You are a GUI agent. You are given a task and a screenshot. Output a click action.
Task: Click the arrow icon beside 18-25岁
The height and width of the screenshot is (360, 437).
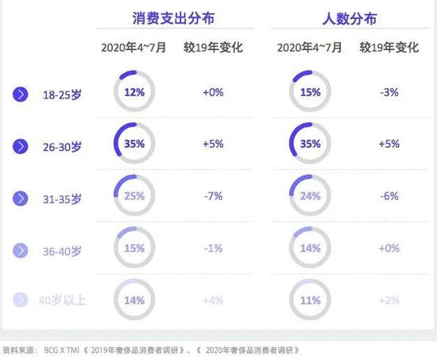21,94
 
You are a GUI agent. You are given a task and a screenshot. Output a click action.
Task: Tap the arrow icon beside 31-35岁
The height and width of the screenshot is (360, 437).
21,197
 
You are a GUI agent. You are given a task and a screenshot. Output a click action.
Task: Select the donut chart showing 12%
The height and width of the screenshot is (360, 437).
134,92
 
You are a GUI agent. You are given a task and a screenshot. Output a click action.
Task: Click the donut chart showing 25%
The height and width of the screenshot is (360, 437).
134,195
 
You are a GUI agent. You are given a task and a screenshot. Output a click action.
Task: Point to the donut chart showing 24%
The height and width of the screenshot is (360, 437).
311,195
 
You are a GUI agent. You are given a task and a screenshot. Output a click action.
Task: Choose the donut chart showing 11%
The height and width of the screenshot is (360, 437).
311,300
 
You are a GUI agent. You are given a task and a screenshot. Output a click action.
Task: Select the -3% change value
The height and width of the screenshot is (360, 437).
389,92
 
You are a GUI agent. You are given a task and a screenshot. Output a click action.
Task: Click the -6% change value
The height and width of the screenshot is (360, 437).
389,195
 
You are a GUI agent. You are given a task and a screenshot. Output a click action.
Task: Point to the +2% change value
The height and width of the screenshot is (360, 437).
389,300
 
